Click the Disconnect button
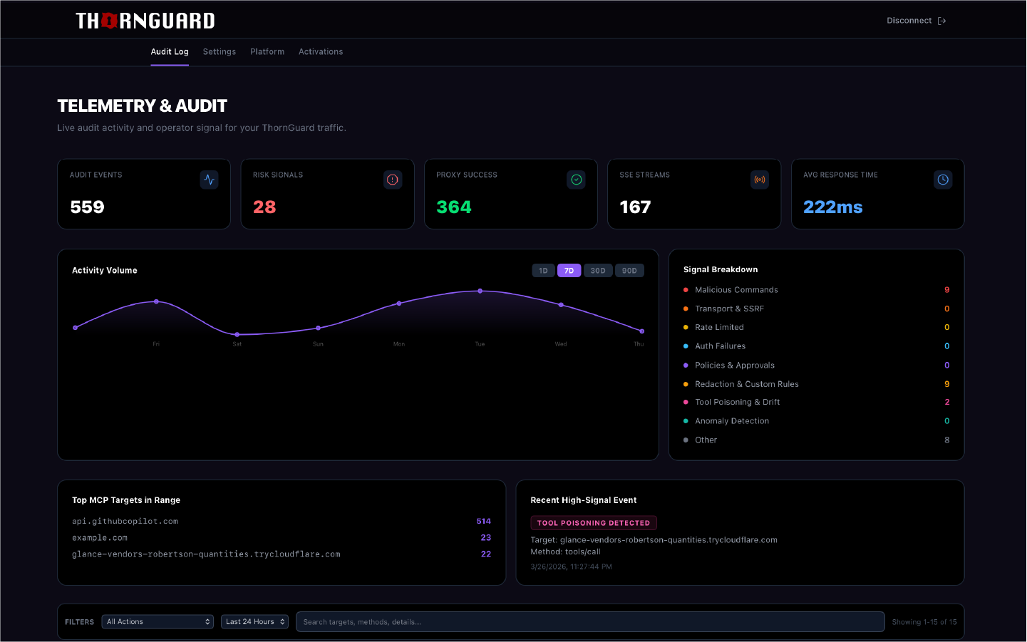[x=916, y=21]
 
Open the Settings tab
[x=220, y=52]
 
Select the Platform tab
[x=267, y=52]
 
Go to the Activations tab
[x=321, y=52]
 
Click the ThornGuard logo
[x=145, y=21]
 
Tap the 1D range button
[x=543, y=271]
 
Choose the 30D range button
[x=598, y=271]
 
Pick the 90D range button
[x=629, y=271]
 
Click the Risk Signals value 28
[x=264, y=207]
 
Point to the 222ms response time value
[x=832, y=207]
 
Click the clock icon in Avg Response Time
[x=943, y=180]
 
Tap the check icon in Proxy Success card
[x=576, y=180]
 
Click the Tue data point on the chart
[x=480, y=291]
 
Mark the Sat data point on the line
[x=237, y=334]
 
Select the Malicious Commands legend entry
[x=736, y=290]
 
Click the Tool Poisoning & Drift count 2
[x=946, y=402]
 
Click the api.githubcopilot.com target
[x=125, y=522]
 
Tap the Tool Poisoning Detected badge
[x=594, y=523]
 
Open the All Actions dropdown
[x=158, y=622]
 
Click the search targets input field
[x=589, y=622]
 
